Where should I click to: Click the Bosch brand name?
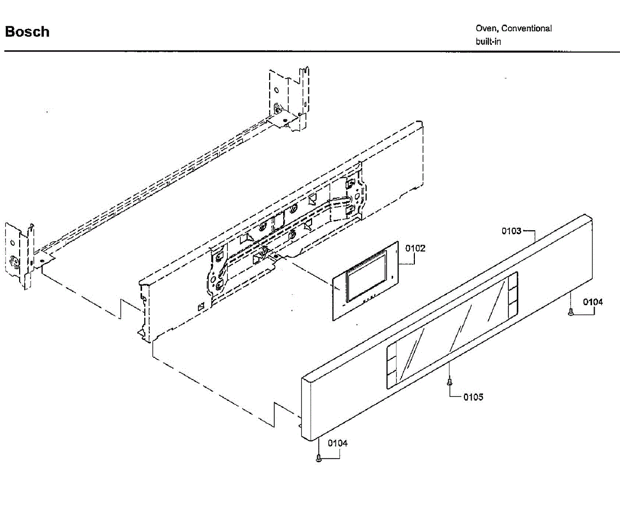coord(27,32)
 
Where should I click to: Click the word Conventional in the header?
coord(526,29)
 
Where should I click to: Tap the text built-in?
coord(488,41)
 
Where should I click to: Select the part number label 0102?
coord(415,248)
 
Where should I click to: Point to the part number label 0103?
coord(512,231)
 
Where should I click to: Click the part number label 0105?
coord(473,397)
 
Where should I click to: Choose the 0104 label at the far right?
coord(593,302)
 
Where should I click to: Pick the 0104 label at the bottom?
coord(337,443)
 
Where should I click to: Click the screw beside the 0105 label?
coord(450,382)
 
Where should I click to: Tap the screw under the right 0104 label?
coord(571,311)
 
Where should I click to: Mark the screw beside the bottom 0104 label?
coord(319,458)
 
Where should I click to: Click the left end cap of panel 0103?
coord(308,408)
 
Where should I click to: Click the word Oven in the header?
coord(486,29)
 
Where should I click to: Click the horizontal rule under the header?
coord(310,52)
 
